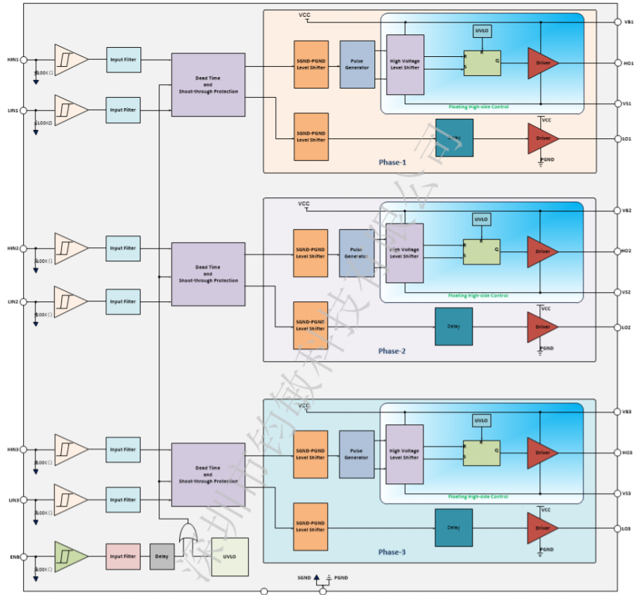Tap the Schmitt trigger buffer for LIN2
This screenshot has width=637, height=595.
click(70, 301)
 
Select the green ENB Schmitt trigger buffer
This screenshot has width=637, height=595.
click(70, 556)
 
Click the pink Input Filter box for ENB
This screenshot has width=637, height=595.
click(123, 556)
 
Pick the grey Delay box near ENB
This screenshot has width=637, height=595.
click(162, 556)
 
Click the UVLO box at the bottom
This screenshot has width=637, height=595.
click(230, 557)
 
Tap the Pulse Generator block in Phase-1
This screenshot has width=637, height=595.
click(357, 64)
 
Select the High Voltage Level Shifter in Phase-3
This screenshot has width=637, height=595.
click(405, 454)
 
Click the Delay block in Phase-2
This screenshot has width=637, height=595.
click(453, 327)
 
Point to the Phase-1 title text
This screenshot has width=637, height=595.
click(393, 162)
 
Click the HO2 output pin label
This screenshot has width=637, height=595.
click(626, 251)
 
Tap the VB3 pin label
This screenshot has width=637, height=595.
click(626, 411)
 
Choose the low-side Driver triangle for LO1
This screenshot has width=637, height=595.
click(542, 138)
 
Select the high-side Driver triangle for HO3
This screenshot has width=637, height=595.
click(542, 453)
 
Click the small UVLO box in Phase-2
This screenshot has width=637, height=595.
click(481, 219)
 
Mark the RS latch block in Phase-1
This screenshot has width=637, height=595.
click(482, 63)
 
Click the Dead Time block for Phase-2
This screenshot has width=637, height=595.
click(208, 274)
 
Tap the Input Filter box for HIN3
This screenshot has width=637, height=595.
click(123, 450)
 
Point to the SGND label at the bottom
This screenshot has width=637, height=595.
click(303, 577)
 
